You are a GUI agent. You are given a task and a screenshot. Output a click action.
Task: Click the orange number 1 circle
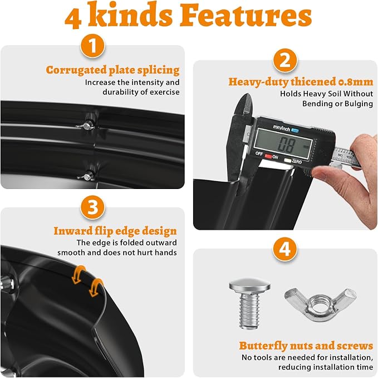point(92,46)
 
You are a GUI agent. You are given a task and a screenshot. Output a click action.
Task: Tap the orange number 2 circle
point(285,60)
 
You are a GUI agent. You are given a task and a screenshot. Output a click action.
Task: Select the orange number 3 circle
point(92,207)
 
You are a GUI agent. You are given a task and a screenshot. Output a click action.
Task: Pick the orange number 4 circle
point(285,249)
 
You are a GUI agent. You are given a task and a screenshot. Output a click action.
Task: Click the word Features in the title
point(246,16)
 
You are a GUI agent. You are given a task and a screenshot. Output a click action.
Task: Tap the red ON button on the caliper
point(268,156)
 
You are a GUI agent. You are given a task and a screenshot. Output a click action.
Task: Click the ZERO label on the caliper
point(297,161)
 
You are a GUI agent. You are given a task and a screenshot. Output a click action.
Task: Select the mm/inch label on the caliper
point(281,128)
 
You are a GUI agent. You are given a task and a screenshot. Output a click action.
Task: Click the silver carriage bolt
point(249,303)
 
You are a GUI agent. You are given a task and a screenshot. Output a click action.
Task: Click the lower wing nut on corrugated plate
point(86,177)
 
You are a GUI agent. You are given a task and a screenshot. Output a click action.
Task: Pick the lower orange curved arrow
point(96,287)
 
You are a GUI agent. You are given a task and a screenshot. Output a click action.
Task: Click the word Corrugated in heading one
point(76,70)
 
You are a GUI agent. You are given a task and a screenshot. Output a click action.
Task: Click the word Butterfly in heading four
point(263,346)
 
